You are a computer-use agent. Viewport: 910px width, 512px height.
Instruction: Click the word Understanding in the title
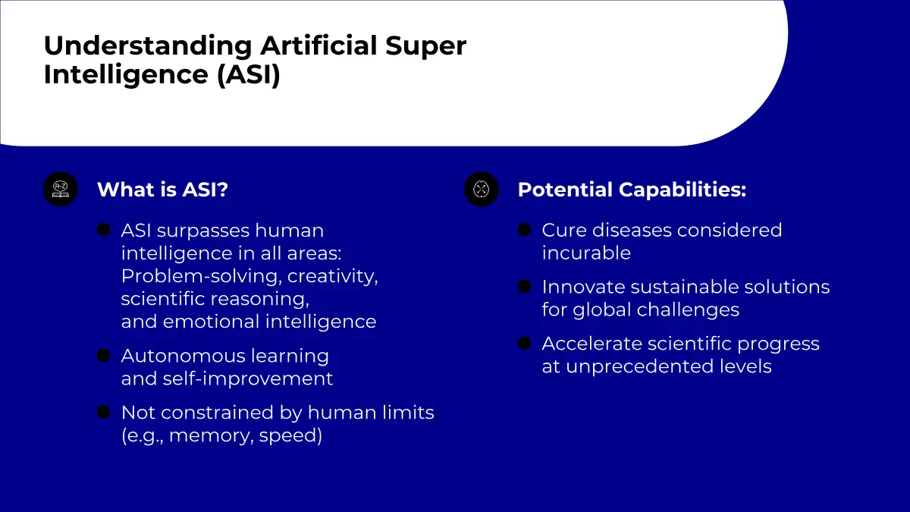(x=148, y=47)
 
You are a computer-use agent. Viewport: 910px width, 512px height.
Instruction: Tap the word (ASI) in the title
(x=249, y=74)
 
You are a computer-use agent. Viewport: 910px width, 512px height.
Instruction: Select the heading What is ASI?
(x=162, y=190)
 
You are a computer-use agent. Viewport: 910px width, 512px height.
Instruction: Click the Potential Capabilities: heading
(x=632, y=190)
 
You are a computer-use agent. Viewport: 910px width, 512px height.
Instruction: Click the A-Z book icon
(x=61, y=189)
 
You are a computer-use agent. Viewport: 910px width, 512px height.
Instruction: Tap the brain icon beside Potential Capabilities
(x=481, y=189)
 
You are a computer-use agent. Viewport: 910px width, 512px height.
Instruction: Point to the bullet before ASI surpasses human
(x=104, y=230)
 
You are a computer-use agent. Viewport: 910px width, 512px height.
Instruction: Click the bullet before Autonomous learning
(x=104, y=355)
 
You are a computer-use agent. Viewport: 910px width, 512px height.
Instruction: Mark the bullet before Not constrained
(x=104, y=412)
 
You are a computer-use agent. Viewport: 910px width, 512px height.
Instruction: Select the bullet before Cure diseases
(x=525, y=230)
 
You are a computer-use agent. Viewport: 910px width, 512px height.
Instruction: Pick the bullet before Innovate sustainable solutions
(x=525, y=287)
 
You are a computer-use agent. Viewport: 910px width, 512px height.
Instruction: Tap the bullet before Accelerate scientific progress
(x=525, y=344)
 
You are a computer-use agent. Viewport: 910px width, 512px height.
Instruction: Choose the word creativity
(x=333, y=276)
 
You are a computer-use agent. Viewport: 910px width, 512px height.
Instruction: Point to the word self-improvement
(x=248, y=379)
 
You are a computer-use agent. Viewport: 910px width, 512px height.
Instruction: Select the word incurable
(x=586, y=253)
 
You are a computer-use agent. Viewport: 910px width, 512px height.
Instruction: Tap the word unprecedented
(x=640, y=367)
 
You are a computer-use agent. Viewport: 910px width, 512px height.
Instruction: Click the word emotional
(x=212, y=322)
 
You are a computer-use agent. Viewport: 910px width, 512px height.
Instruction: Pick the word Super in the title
(x=425, y=47)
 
